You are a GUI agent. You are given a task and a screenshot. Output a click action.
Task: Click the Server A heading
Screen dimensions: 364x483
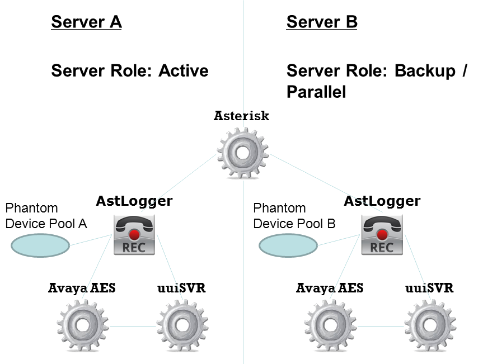tap(86, 22)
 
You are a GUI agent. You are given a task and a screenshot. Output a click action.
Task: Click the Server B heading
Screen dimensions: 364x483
tap(322, 22)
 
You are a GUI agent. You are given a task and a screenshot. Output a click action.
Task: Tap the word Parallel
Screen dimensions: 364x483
tap(316, 92)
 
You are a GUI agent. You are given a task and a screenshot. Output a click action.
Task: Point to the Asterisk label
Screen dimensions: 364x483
tap(242, 116)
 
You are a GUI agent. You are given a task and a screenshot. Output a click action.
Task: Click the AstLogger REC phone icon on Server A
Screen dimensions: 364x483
tap(134, 235)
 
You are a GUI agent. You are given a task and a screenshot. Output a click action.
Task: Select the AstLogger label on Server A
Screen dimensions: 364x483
tap(134, 201)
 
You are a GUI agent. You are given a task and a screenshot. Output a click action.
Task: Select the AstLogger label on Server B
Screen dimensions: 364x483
tap(382, 201)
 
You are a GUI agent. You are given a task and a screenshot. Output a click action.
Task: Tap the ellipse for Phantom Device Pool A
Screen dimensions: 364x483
tap(40, 245)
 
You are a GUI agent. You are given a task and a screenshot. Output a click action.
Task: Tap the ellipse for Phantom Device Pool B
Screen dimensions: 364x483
tap(287, 245)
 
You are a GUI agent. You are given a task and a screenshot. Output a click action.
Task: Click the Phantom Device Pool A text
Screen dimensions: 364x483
tap(46, 216)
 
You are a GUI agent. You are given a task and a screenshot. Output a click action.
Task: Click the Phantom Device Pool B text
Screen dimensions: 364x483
tap(294, 216)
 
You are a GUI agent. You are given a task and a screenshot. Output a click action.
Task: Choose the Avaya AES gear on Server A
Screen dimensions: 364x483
tap(82, 326)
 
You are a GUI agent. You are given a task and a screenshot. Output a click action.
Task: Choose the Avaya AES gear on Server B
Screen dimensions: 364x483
tap(330, 326)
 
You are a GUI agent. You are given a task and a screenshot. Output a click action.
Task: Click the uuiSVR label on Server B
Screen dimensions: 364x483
tap(429, 289)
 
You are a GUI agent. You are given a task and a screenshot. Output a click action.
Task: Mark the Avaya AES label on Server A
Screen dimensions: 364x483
tap(82, 289)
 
